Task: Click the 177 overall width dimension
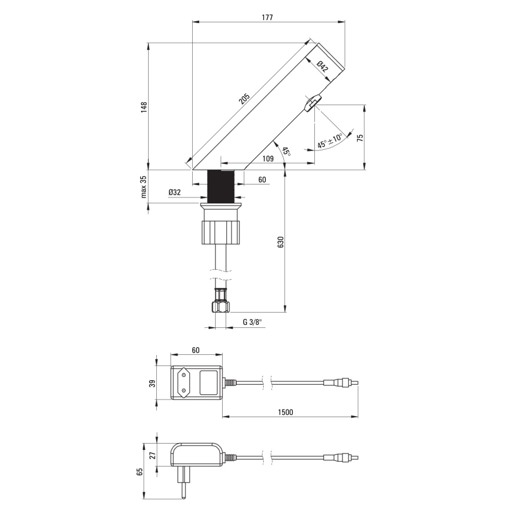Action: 268,18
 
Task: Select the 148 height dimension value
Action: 143,106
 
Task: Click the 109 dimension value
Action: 268,158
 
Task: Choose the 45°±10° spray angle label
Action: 330,142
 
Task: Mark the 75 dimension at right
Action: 360,137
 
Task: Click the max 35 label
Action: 143,186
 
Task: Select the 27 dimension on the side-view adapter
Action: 152,454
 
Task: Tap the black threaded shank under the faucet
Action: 222,185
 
